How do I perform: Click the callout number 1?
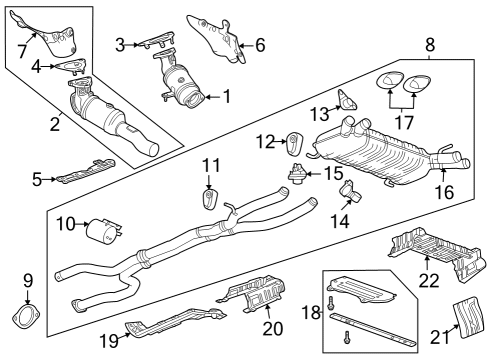[x=226, y=97]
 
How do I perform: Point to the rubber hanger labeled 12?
[x=297, y=143]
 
